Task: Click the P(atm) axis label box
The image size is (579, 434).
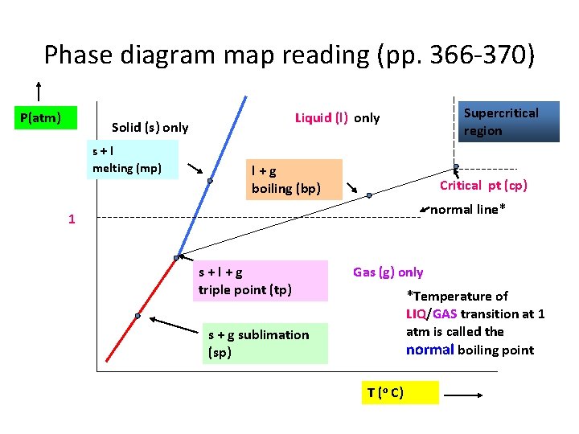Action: click(47, 118)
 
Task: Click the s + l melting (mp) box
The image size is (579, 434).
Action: click(133, 158)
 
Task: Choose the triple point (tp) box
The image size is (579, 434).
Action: click(261, 280)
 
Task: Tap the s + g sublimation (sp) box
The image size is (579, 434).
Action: click(265, 343)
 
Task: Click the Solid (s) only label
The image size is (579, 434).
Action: click(150, 127)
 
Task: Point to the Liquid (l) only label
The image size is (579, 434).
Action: click(337, 118)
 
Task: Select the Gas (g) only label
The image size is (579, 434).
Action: click(388, 272)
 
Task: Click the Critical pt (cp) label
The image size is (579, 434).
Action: click(483, 186)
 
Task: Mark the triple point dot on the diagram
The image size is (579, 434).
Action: click(176, 258)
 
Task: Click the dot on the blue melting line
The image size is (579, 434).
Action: click(209, 181)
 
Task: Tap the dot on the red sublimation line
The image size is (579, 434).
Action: click(138, 317)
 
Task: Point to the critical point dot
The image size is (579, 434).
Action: click(455, 167)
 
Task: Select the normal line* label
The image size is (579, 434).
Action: click(468, 211)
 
